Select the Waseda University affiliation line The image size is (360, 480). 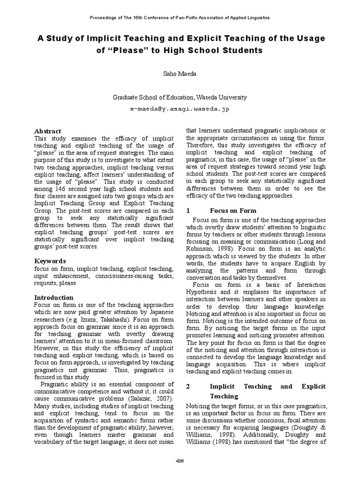(x=180, y=97)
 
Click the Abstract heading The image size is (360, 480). (x=48, y=131)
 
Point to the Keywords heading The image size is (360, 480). (x=50, y=261)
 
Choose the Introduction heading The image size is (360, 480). (x=54, y=297)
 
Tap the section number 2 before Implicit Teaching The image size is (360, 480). (x=188, y=386)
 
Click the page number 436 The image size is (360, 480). (x=180, y=461)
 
